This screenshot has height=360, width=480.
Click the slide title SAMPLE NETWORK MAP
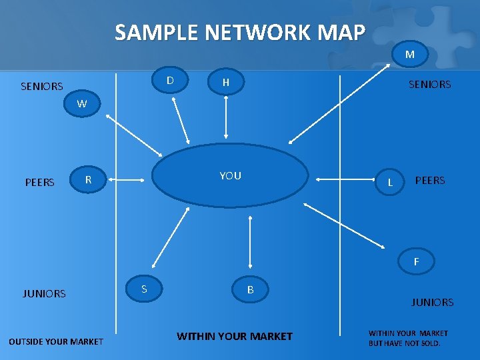click(x=240, y=32)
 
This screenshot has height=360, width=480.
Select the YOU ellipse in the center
click(x=231, y=176)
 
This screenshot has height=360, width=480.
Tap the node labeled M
click(x=409, y=55)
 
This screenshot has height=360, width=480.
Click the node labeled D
click(x=170, y=81)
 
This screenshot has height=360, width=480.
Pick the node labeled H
click(x=226, y=83)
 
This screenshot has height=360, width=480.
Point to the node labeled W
click(x=81, y=103)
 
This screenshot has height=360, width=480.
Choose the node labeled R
click(x=88, y=179)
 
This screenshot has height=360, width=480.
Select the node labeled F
click(x=416, y=262)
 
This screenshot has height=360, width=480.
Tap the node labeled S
click(x=144, y=289)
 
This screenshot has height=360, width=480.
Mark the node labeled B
click(x=250, y=290)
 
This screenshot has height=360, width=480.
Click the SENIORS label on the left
click(x=42, y=86)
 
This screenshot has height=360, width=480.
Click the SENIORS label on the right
click(x=429, y=84)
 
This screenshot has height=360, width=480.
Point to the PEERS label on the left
click(x=39, y=182)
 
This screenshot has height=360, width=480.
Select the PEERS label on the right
click(x=430, y=180)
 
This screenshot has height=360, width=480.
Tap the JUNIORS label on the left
click(x=44, y=293)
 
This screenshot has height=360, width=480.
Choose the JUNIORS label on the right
click(x=432, y=302)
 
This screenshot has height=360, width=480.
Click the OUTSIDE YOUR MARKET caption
click(x=56, y=341)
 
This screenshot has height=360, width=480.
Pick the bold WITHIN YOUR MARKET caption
click(x=234, y=336)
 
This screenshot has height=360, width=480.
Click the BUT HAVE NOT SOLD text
click(x=405, y=343)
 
